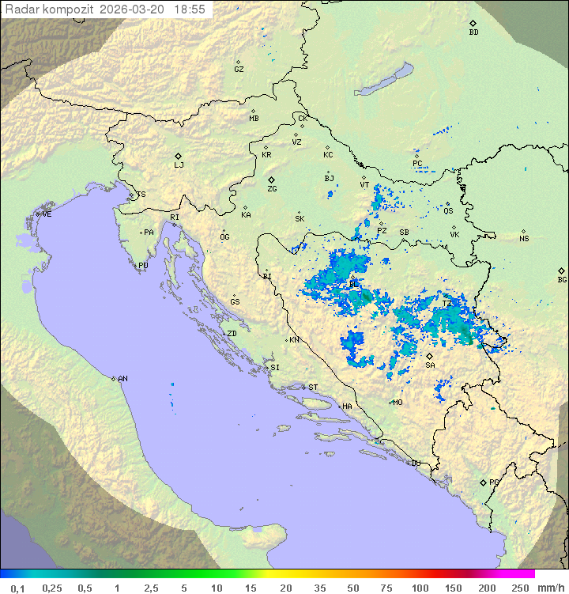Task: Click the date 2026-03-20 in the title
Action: (134, 9)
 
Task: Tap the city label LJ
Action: (179, 165)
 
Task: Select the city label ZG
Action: (272, 189)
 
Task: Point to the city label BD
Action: (473, 32)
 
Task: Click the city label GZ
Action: (239, 69)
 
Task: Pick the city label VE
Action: (47, 214)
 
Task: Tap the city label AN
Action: (122, 379)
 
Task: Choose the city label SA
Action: (430, 365)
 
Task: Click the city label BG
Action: (562, 279)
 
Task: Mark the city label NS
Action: (524, 238)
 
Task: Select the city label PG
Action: (494, 482)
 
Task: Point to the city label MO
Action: (398, 402)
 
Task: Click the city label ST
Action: (313, 387)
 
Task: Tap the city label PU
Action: (143, 266)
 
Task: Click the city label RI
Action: (175, 217)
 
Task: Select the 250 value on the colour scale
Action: (519, 588)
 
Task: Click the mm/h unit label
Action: (550, 588)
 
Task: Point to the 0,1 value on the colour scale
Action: (17, 588)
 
